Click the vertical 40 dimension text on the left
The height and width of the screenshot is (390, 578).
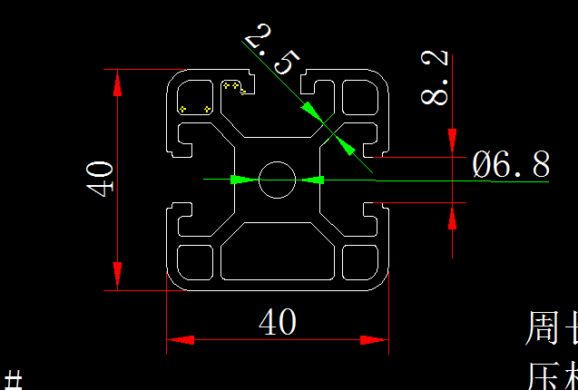[100, 178]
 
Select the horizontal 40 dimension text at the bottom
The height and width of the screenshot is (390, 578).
[278, 321]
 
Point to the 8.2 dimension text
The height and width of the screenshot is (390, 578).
[436, 78]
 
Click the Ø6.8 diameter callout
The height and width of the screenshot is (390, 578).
[511, 165]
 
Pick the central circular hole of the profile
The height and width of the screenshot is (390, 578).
[278, 180]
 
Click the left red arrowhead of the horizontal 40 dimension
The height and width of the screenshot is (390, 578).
[181, 341]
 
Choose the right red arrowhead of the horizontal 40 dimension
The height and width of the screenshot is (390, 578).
[374, 341]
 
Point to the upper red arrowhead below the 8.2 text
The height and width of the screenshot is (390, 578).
[452, 134]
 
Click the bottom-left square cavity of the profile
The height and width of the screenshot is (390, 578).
[194, 261]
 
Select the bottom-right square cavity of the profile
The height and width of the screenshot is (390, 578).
[360, 261]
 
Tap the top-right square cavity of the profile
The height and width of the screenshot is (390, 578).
[360, 96]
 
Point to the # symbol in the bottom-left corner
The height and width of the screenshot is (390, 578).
[13, 379]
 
